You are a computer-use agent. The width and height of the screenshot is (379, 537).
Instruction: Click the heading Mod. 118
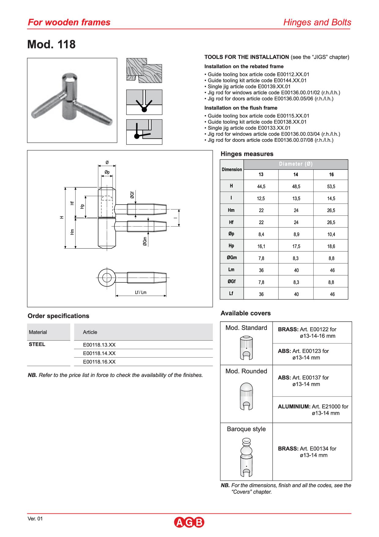[51, 44]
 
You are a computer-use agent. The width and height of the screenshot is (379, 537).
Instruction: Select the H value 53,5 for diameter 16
[331, 186]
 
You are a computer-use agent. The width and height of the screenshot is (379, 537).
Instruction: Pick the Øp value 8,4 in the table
[261, 235]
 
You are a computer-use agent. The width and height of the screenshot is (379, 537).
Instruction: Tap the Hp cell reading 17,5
[296, 246]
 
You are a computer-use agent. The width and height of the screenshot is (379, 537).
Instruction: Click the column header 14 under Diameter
[296, 175]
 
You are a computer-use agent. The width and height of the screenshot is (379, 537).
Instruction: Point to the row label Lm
[231, 270]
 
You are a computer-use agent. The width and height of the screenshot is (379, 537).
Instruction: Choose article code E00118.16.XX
[99, 362]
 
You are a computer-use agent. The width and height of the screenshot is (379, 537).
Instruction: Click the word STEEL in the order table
[37, 344]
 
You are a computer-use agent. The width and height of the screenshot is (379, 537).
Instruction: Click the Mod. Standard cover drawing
[246, 348]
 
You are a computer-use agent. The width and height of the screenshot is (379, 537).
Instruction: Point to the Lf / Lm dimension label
[141, 292]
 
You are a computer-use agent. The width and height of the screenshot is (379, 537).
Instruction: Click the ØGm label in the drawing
[145, 241]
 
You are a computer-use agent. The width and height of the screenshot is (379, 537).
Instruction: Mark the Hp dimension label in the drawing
[82, 206]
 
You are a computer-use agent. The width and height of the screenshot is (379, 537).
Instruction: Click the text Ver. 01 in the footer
[35, 519]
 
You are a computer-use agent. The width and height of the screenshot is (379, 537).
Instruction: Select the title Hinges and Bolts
[317, 22]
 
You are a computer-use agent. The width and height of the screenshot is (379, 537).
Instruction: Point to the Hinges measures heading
[247, 154]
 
